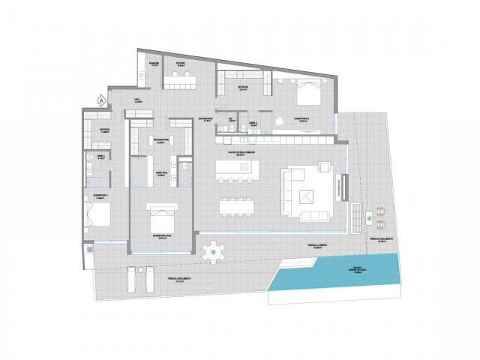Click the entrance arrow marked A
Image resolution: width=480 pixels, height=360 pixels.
tap(101, 98)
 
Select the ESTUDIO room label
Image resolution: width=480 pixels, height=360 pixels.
tap(181, 64)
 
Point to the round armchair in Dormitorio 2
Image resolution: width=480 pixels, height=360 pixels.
tap(279, 124)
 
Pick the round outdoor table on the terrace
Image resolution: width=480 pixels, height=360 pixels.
tap(215, 251)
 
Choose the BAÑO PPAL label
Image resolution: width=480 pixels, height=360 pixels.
tap(158, 173)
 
